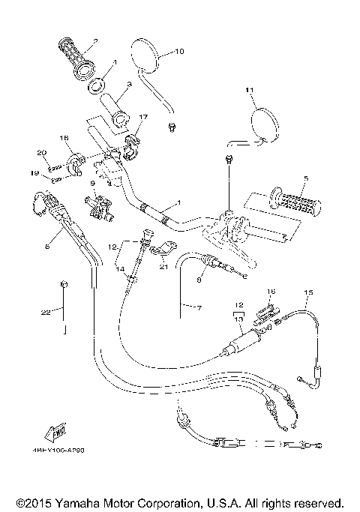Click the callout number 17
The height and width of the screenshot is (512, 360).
click(143, 117)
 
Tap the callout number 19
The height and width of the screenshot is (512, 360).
click(34, 172)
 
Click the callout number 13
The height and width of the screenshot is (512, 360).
click(239, 319)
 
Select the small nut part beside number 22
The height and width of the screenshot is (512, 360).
click(64, 283)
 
